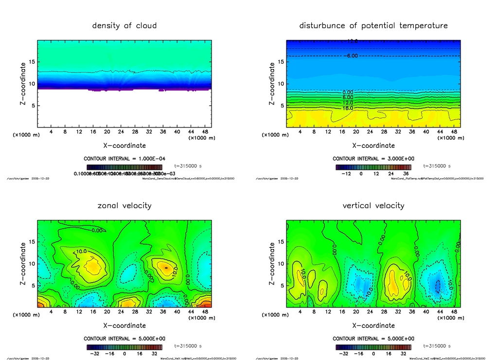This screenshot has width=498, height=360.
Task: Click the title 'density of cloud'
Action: tap(124, 25)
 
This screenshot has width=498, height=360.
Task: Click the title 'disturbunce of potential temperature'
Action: tap(373, 25)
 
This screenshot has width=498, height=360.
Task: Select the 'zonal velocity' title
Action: tap(124, 205)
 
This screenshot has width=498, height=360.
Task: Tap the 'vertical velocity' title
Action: tap(373, 205)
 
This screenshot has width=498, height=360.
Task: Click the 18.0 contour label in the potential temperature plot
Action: tap(348, 108)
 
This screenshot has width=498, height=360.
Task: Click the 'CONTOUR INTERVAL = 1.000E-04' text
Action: tap(124, 159)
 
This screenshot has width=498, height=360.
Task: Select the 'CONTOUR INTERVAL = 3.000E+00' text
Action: tap(373, 159)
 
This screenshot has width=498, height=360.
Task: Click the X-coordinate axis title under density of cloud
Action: tap(124, 145)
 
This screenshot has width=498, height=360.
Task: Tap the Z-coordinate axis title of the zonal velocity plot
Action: tap(23, 264)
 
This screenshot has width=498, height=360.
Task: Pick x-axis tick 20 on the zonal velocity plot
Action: tap(107, 311)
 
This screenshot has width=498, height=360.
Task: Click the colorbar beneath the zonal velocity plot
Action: tap(124, 347)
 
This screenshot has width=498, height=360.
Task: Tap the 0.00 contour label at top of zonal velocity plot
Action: tap(97, 231)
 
